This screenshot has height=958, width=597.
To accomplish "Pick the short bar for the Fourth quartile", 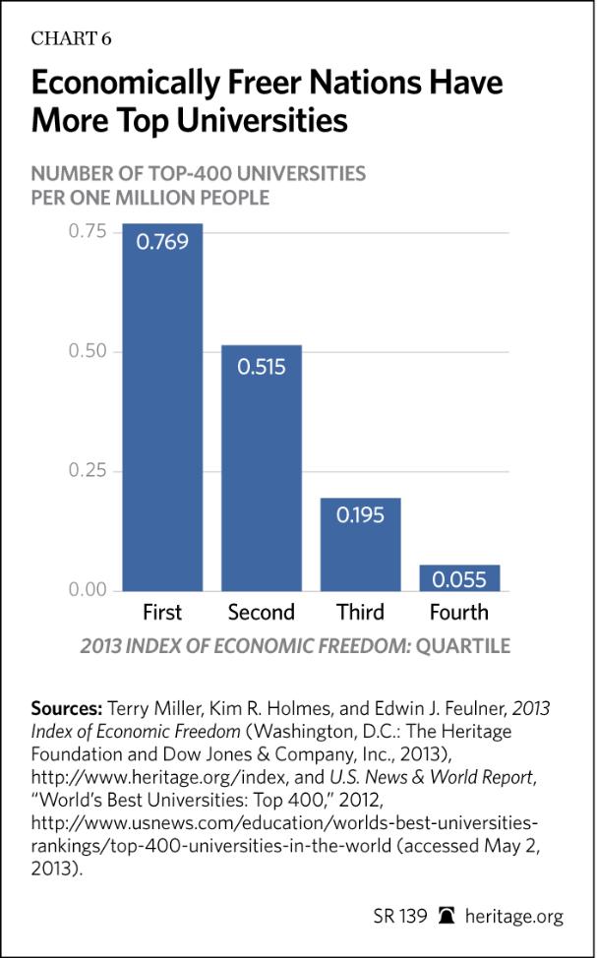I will [458, 577].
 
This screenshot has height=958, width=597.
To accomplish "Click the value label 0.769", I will [162, 242].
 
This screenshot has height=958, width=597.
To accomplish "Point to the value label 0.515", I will [261, 365].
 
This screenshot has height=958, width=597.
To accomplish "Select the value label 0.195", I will [360, 515].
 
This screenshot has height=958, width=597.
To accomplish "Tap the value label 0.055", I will [459, 579].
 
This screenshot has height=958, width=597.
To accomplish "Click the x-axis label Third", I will [360, 613].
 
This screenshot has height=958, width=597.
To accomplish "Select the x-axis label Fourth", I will [458, 613].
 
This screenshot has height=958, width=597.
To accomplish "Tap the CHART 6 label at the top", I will [72, 38].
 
